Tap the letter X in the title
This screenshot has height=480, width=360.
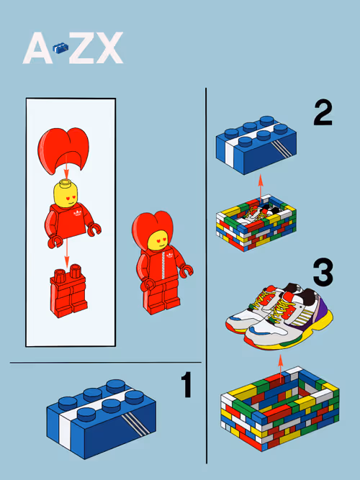pos(108,47)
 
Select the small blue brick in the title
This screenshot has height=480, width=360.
pos(60,48)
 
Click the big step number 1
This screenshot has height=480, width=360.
pos(186,384)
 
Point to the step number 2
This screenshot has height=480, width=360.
pos(323,113)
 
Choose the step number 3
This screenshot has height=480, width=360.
pos(323,273)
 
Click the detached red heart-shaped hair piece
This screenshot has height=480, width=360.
pos(63,150)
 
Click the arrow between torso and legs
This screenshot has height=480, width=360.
pos(66,252)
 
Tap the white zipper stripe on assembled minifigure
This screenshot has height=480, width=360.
pos(163,266)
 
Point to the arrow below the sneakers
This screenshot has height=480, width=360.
pos(280,369)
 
